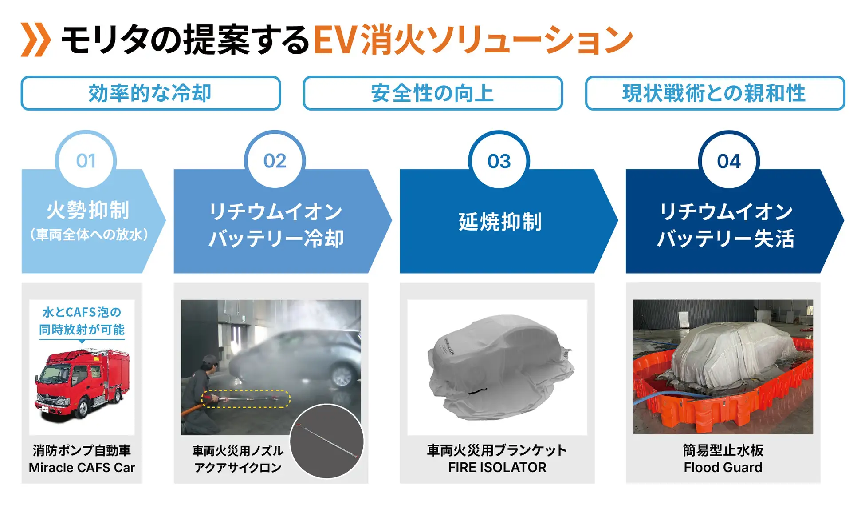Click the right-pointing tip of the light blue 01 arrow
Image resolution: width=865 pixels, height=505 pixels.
165,221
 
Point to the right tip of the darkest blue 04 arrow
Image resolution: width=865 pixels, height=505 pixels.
844,221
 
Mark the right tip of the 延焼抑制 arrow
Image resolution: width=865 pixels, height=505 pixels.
617,221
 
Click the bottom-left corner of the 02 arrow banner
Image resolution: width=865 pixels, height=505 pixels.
174,273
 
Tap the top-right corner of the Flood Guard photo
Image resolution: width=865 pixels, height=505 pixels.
813,300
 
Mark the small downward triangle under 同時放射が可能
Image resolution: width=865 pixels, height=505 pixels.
82,341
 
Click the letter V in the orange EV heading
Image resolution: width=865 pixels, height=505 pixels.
346,40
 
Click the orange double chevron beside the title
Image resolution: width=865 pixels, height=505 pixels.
36,40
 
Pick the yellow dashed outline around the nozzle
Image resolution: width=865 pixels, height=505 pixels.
246,399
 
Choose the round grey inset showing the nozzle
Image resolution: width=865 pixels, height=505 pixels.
327,441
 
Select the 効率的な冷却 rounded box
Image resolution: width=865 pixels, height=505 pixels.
151,93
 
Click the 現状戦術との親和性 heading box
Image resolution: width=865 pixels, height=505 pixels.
715,93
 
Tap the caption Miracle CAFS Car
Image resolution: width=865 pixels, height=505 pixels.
82,468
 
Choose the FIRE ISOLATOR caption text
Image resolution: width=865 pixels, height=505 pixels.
497,468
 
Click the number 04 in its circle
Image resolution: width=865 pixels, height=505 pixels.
729,162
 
